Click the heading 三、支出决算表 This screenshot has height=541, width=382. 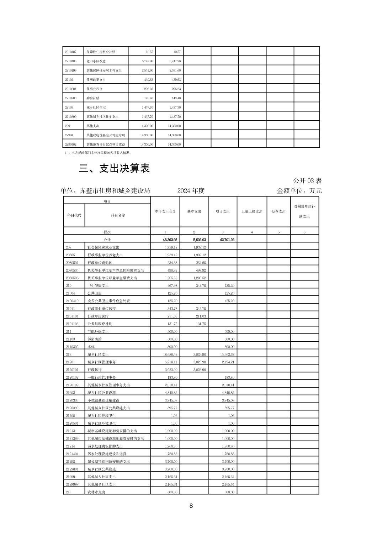tap(114, 168)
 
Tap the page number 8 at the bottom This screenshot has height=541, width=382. tap(191, 506)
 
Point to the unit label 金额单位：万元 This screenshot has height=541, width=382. tap(299, 191)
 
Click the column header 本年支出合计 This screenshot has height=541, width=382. tap(165, 211)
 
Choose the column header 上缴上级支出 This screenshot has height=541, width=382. tap(252, 211)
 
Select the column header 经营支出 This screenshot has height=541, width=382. tap(278, 211)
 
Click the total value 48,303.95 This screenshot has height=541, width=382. tap(170, 240)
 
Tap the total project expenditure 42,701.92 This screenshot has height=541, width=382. tap(227, 240)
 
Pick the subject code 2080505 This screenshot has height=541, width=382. tap(72, 270)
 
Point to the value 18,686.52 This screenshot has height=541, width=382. tap(170, 354)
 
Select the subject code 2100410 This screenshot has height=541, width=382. tap(72, 301)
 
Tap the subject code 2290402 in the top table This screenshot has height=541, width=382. tap(71, 145)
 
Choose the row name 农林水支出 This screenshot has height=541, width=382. tap(96, 492)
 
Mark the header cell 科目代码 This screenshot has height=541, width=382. tap(74, 215)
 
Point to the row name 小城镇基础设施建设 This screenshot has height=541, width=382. tap(103, 400)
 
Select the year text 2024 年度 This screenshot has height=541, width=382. tap(191, 191)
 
